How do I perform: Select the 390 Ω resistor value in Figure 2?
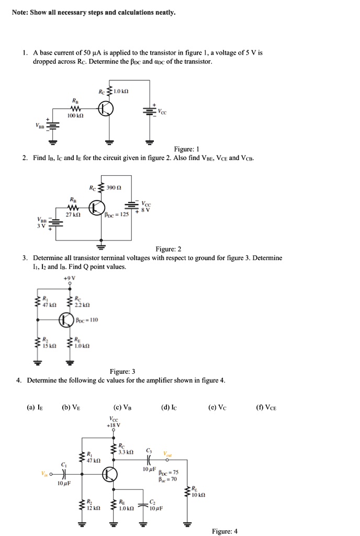(114, 187)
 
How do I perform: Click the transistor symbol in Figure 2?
(96, 208)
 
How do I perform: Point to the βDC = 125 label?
(116, 215)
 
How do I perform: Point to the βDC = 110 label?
(87, 319)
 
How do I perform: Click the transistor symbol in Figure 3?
(66, 319)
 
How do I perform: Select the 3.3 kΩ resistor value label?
(127, 451)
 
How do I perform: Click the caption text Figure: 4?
(224, 531)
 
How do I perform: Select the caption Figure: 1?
(171, 148)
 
